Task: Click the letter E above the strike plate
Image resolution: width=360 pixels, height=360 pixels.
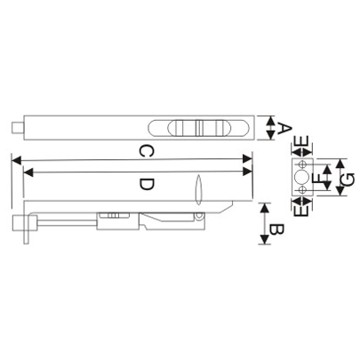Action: pyautogui.click(x=302, y=141)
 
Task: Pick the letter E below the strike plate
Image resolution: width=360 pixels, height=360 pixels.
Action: pyautogui.click(x=302, y=210)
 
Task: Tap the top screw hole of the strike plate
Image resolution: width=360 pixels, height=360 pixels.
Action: pyautogui.click(x=302, y=165)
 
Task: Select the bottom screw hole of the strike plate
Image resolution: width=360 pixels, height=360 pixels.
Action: pyautogui.click(x=302, y=189)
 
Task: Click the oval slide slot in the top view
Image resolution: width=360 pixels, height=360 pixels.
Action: pyautogui.click(x=195, y=126)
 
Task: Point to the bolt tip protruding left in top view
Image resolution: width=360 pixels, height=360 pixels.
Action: pyautogui.click(x=18, y=127)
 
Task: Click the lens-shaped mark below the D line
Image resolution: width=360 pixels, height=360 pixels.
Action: pyautogui.click(x=198, y=189)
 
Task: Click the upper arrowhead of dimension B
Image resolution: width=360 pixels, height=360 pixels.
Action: pyautogui.click(x=264, y=206)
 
